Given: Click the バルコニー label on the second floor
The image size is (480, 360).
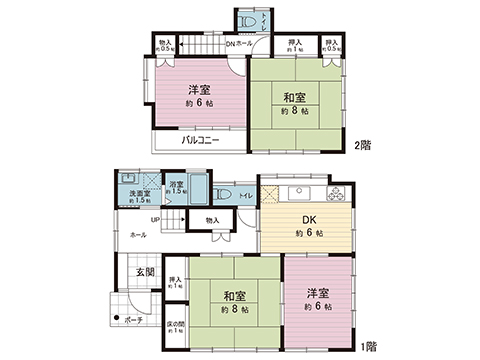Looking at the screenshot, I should pos(201,141).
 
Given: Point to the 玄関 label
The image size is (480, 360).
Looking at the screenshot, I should pos(143,270).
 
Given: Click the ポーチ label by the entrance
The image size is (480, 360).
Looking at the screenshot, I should pos(133,320).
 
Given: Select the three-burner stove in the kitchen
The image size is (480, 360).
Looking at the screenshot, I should pos(336,193).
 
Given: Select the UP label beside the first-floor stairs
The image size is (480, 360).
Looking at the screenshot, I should pos(155,219).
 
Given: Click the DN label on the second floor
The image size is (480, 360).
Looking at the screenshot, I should pos(229,44).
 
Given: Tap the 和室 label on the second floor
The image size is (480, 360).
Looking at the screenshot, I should pos(293,97).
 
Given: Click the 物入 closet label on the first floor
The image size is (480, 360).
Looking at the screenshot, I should pos(212,220).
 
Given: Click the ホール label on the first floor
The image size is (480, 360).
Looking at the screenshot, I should pos(138,234).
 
